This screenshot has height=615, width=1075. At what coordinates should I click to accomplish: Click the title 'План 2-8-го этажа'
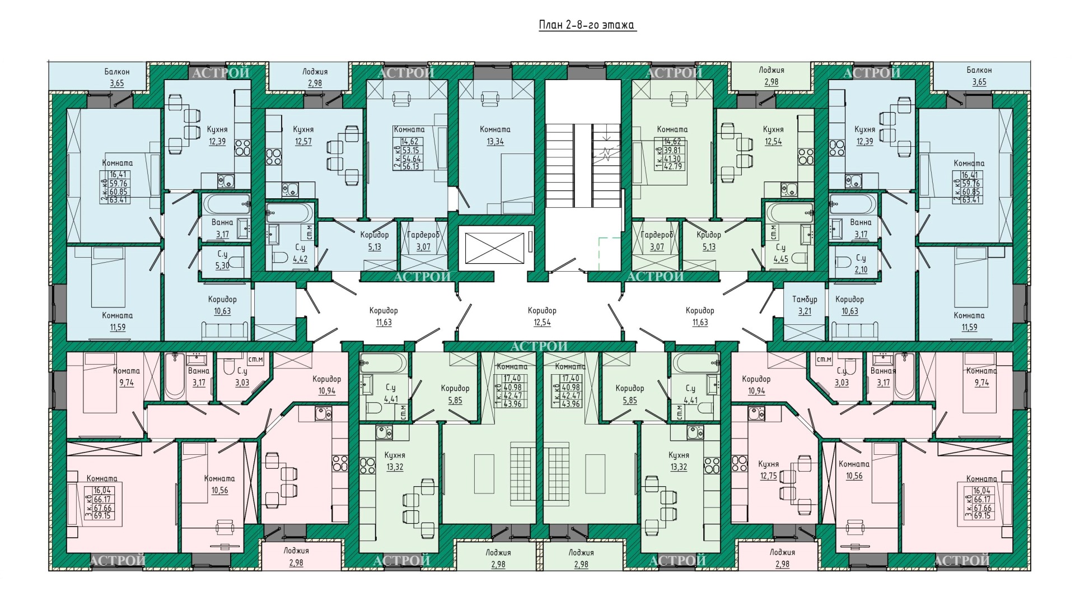(x=587, y=25)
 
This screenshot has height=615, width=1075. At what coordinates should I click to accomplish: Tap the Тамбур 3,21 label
(x=805, y=305)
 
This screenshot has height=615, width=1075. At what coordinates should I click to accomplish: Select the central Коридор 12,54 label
(x=542, y=316)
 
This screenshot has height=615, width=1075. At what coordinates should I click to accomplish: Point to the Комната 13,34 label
(x=495, y=136)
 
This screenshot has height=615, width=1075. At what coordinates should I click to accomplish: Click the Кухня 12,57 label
(x=303, y=136)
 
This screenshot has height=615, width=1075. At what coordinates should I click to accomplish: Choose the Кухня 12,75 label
(x=769, y=470)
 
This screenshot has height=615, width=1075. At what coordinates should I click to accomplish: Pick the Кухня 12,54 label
(x=773, y=136)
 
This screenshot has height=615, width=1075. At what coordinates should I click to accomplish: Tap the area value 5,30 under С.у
(x=222, y=266)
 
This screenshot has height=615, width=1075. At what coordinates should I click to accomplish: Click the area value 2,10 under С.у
(x=861, y=270)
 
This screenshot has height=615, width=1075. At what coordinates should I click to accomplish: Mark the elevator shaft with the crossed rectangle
(x=495, y=248)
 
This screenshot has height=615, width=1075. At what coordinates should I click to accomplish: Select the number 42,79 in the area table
(x=672, y=166)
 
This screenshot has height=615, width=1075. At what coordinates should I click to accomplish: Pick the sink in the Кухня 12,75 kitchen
(x=756, y=414)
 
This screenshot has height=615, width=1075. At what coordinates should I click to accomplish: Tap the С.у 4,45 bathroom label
(x=781, y=253)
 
